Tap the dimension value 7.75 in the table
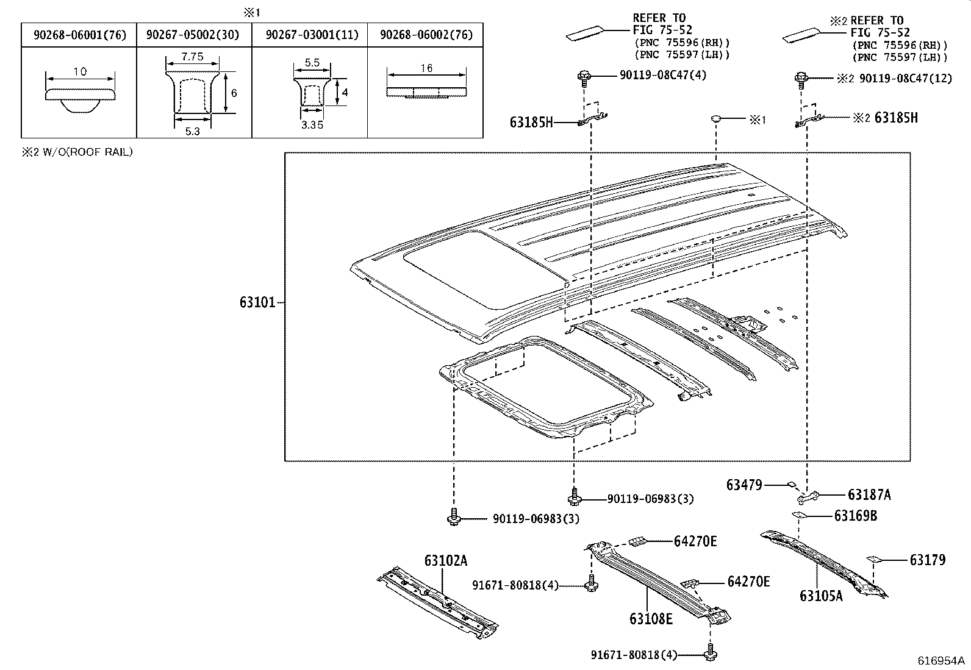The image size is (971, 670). [192, 57]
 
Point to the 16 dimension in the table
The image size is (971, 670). [426, 68]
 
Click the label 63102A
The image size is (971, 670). [446, 561]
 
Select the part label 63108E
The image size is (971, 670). [651, 619]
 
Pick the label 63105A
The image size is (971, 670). [820, 595]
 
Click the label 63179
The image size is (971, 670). [927, 560]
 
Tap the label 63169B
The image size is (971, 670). [855, 516]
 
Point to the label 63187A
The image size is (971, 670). [869, 495]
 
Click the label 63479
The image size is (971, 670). [744, 485]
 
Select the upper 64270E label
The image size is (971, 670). [695, 541]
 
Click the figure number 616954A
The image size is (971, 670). [942, 661]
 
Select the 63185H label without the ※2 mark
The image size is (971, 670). [531, 123]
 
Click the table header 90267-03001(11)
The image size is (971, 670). [311, 35]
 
